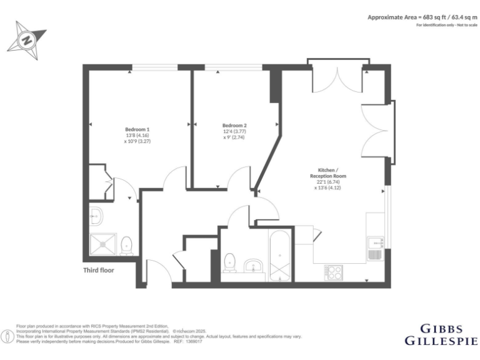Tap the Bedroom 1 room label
[137, 129]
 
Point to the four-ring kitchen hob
[333, 272]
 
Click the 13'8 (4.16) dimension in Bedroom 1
[137, 136]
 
